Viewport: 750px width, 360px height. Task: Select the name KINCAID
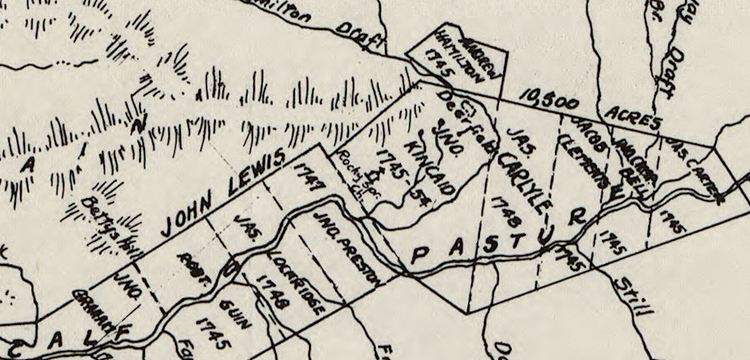tap(427, 166)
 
